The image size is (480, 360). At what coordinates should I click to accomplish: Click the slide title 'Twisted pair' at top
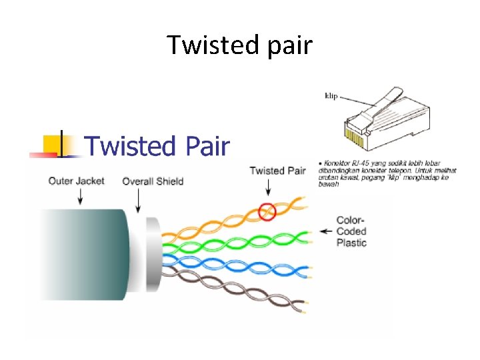(x=239, y=45)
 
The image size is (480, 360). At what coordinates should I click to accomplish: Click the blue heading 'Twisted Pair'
(x=158, y=145)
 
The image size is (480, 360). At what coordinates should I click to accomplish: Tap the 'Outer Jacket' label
(x=76, y=181)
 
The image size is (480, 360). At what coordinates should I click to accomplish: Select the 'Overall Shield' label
(x=153, y=181)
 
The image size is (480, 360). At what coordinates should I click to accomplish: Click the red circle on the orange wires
(x=267, y=211)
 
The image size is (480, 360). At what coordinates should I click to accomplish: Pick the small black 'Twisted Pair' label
(x=277, y=171)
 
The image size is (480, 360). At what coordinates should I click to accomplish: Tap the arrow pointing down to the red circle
(x=267, y=190)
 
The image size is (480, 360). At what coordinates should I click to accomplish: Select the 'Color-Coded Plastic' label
(x=351, y=231)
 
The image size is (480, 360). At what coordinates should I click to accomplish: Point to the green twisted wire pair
(x=233, y=240)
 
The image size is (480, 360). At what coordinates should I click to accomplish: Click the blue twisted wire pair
(x=233, y=263)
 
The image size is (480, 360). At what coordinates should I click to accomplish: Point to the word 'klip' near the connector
(x=331, y=96)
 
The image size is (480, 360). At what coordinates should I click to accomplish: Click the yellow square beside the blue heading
(x=52, y=144)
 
